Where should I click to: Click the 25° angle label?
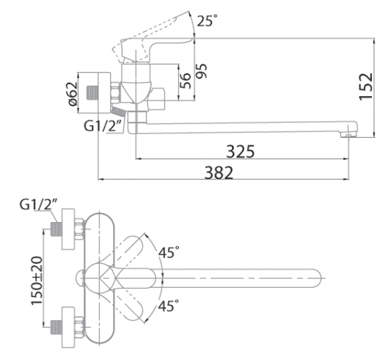pyautogui.click(x=207, y=21)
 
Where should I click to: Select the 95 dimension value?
pyautogui.click(x=201, y=71)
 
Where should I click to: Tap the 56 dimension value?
pyautogui.click(x=186, y=81)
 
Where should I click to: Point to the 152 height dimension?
pyautogui.click(x=365, y=86)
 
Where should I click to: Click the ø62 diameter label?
pyautogui.click(x=73, y=94)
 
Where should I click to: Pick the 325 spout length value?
pyautogui.click(x=240, y=151)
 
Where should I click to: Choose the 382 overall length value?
pyautogui.click(x=219, y=173)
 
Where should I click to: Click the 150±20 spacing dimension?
pyautogui.click(x=37, y=280)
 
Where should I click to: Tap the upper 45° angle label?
pyautogui.click(x=169, y=252)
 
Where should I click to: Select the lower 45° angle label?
pyautogui.click(x=169, y=306)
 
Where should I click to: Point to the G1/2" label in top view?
pyautogui.click(x=39, y=204)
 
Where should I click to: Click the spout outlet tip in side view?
pyautogui.click(x=348, y=135)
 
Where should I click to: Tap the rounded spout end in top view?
pyautogui.click(x=317, y=278)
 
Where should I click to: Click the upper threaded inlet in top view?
pyautogui.click(x=56, y=229)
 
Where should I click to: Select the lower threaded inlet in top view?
pyautogui.click(x=56, y=327)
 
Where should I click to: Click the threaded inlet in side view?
pyautogui.click(x=93, y=93)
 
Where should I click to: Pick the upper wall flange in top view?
pyautogui.click(x=68, y=229)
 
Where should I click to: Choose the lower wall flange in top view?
pyautogui.click(x=68, y=327)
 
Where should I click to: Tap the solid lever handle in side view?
pyautogui.click(x=153, y=47)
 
